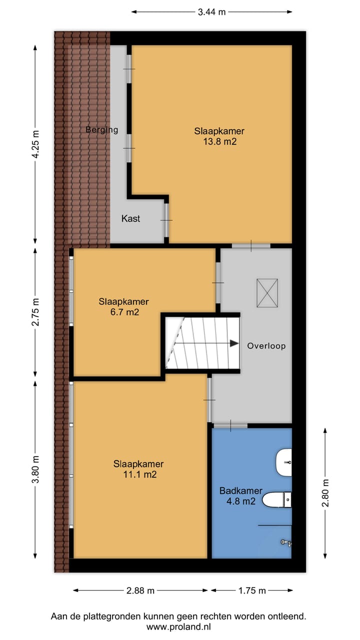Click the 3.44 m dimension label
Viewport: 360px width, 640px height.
pyautogui.click(x=212, y=12)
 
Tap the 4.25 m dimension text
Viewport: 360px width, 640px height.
pyautogui.click(x=35, y=144)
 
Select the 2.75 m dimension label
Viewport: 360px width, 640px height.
pyautogui.click(x=35, y=312)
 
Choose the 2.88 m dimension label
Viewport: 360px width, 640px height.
pyautogui.click(x=140, y=590)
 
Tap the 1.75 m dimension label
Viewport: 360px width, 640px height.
pyautogui.click(x=251, y=590)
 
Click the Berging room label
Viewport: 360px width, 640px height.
pyautogui.click(x=101, y=130)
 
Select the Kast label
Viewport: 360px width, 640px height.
pyautogui.click(x=130, y=218)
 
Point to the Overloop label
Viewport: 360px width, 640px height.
pyautogui.click(x=266, y=345)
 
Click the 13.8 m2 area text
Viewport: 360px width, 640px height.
pyautogui.click(x=219, y=141)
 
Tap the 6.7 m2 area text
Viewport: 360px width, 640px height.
pyautogui.click(x=123, y=312)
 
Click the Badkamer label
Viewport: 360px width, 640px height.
pyautogui.click(x=241, y=491)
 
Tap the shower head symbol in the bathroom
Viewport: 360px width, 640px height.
pyautogui.click(x=285, y=542)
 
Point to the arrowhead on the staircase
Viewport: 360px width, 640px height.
pyautogui.click(x=233, y=343)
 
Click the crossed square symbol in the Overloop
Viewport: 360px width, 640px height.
pyautogui.click(x=267, y=293)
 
